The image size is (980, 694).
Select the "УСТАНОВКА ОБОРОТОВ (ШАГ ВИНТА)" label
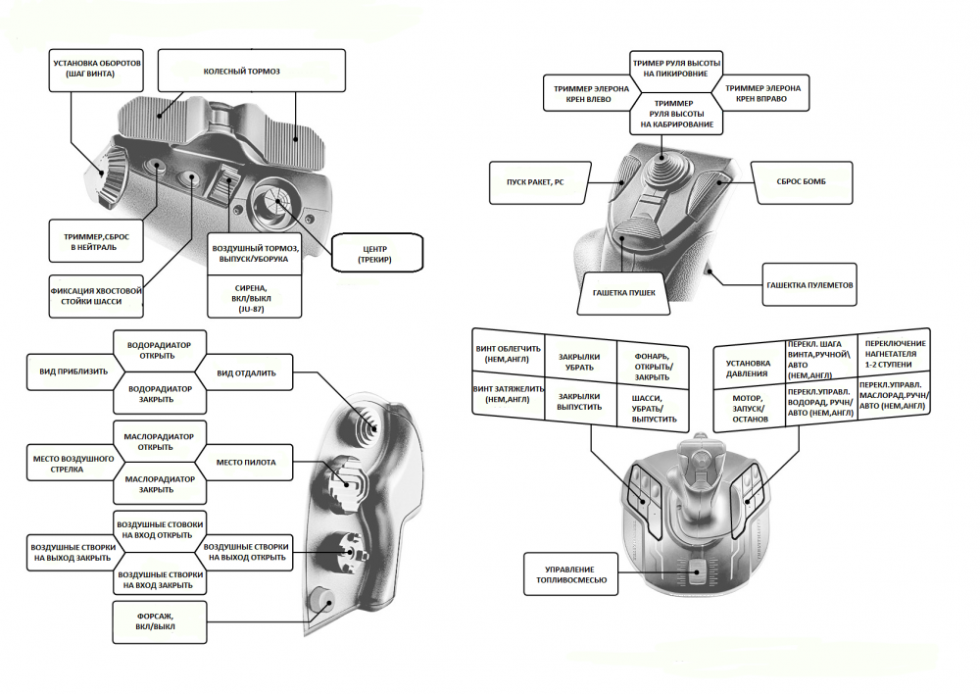tap(98, 69)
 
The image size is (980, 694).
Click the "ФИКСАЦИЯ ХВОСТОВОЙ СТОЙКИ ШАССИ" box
tap(97, 296)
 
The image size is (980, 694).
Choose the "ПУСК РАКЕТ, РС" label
tap(538, 181)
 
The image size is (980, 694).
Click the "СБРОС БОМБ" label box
tap(801, 181)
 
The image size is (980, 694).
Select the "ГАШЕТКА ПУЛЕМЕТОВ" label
tap(809, 285)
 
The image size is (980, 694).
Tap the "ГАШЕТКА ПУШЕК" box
tap(624, 292)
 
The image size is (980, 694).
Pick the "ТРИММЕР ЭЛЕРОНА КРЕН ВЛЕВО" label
tap(585, 94)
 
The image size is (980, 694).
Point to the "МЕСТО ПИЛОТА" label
tap(245, 462)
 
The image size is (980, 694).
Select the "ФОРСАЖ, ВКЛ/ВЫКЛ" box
tap(159, 620)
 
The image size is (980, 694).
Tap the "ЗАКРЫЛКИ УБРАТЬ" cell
tap(580, 363)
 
